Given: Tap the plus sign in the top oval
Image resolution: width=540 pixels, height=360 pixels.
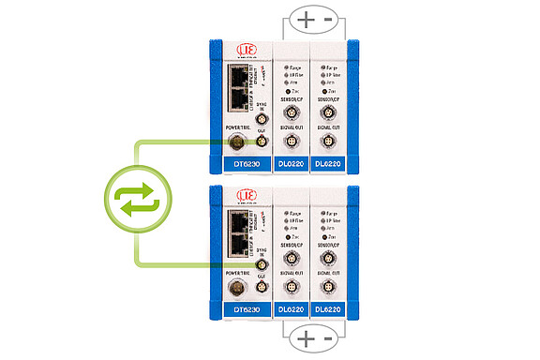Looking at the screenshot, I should click(306, 18).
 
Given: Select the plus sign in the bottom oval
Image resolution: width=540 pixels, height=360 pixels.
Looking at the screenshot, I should click(306, 337).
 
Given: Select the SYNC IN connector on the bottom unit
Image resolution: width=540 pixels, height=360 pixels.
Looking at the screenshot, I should click(262, 266).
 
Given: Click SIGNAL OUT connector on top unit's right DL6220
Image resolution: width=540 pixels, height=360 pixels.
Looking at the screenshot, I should click(327, 142).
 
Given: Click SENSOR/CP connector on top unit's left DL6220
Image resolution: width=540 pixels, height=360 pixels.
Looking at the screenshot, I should click(290, 112).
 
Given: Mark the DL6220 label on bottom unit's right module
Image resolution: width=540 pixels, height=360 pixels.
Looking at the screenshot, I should click(327, 308).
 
